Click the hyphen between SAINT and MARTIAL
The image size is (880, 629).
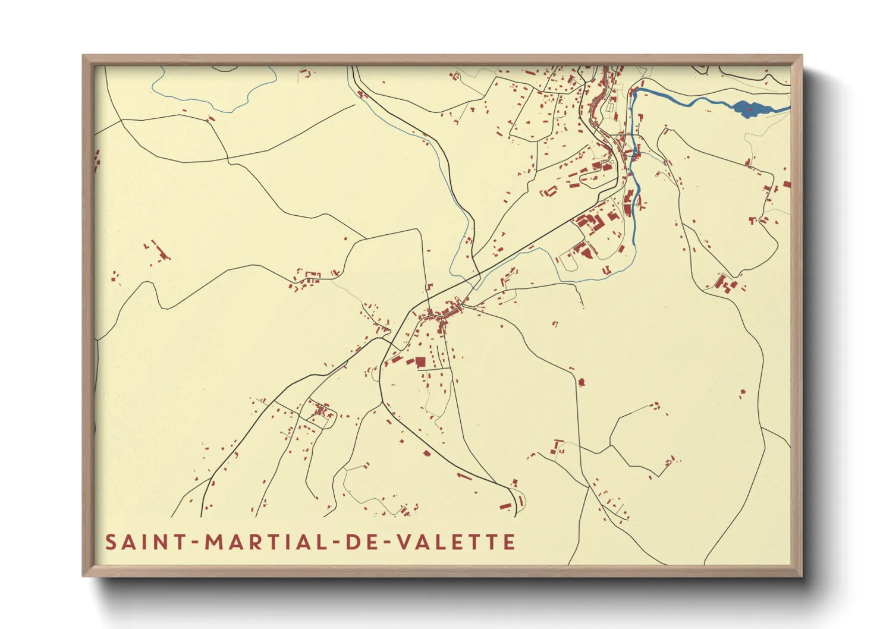[x=195, y=543]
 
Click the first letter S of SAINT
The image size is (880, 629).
[x=111, y=542]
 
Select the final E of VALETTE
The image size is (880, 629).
[x=509, y=542]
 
